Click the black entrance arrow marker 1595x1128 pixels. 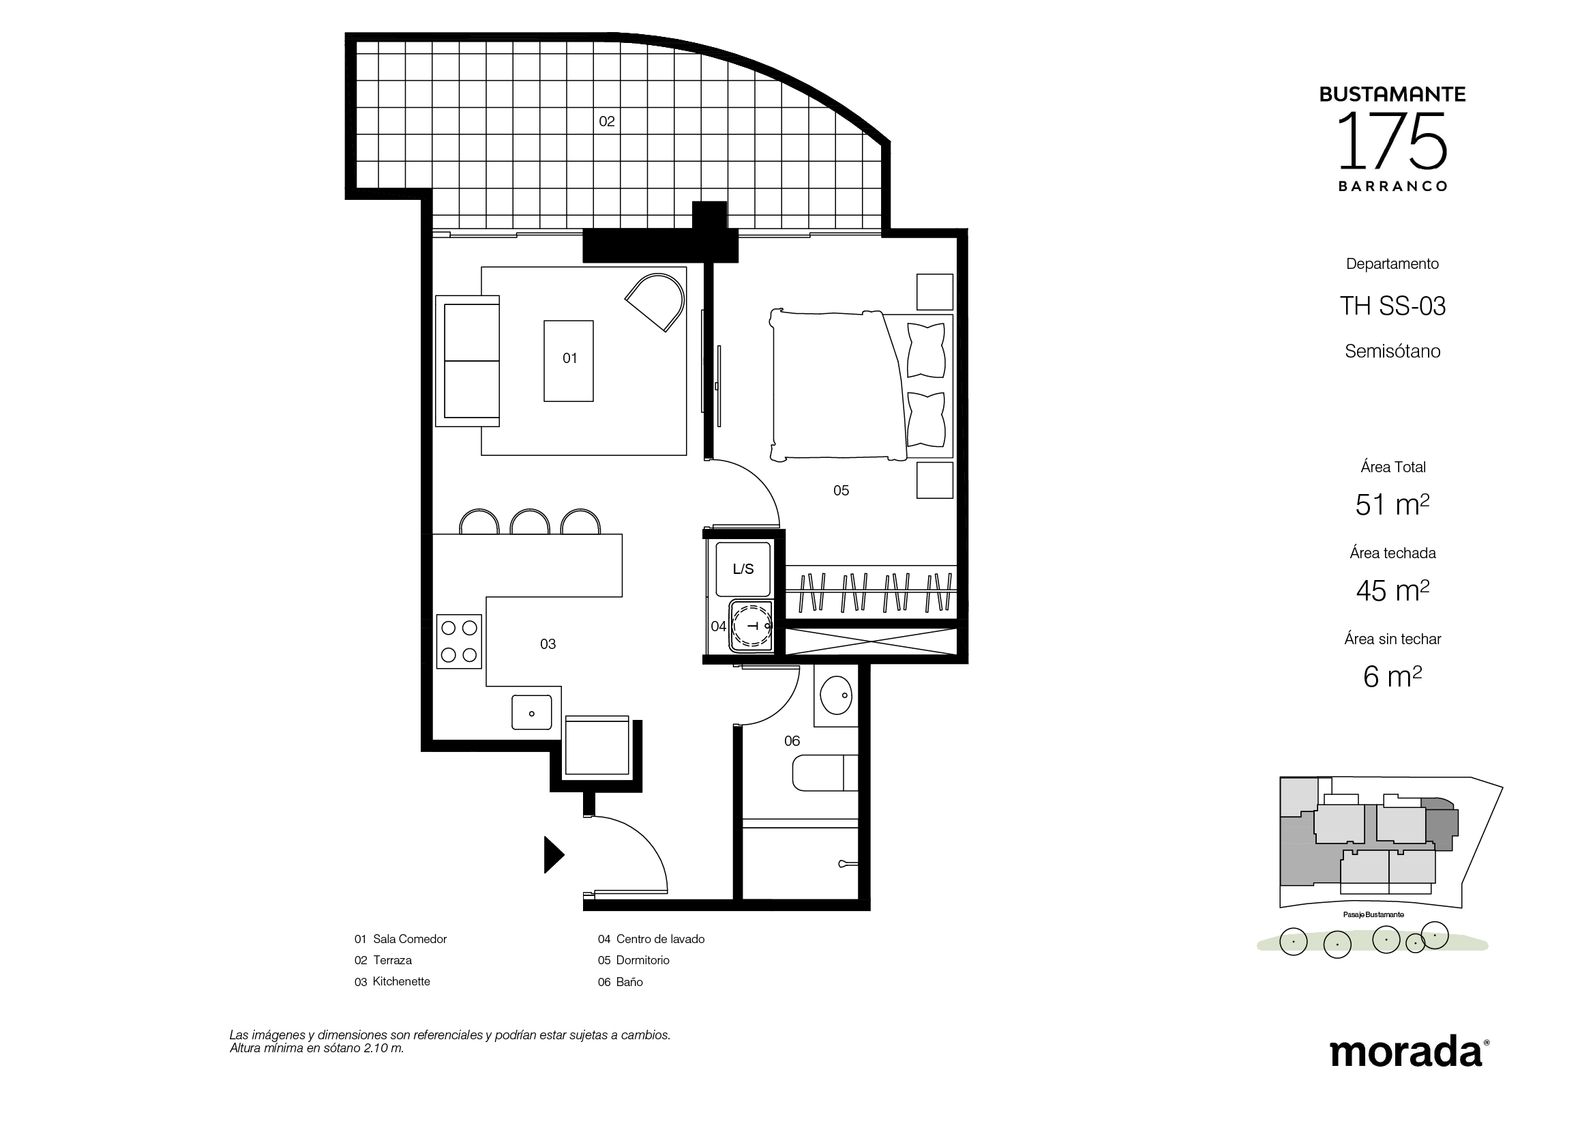pos(553,854)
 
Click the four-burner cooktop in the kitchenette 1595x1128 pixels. pos(458,641)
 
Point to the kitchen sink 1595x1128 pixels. pos(531,712)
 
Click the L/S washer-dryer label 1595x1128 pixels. pos(743,569)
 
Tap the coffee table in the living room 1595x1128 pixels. pos(568,361)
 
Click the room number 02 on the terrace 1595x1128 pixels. pos(606,121)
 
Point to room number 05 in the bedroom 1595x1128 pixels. pos(841,491)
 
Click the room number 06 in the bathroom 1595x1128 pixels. pos(792,741)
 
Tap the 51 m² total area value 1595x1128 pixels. pos(1392,504)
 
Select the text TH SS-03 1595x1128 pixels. pos(1392,306)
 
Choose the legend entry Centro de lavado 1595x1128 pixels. pos(660,939)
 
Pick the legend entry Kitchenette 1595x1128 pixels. pos(402,981)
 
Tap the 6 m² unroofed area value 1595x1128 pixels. pos(1392,676)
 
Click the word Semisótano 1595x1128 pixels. pos(1392,351)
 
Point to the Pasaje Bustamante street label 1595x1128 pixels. pos(1373,914)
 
